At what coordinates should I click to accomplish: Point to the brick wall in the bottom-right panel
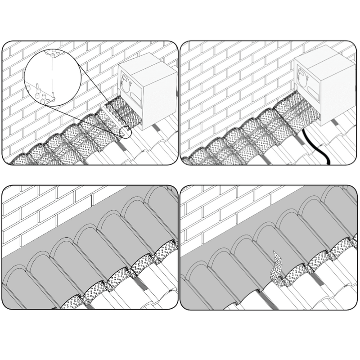click(211, 211)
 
